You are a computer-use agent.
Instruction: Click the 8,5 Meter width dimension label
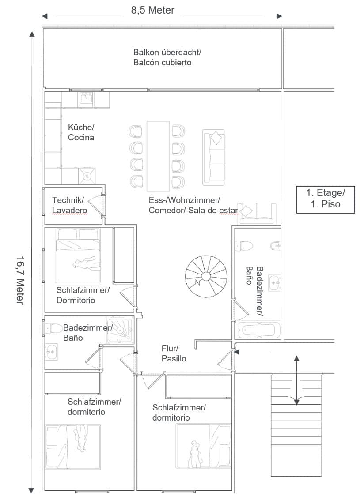tap(153, 10)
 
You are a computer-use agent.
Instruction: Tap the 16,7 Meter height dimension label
tap(20, 280)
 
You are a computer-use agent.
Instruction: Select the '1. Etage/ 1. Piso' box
tap(326, 199)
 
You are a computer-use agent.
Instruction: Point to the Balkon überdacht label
tap(167, 52)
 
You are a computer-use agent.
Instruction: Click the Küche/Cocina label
tap(81, 132)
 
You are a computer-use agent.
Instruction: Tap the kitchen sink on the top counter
tap(86, 98)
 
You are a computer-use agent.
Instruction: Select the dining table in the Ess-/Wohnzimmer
tap(158, 156)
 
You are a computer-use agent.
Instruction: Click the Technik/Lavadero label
tap(70, 205)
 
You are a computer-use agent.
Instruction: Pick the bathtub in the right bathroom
tap(259, 329)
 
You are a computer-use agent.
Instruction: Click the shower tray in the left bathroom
tap(120, 329)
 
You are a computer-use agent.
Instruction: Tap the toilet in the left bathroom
tap(54, 328)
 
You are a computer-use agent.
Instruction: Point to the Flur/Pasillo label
tap(174, 353)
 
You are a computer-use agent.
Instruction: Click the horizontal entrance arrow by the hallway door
tap(253, 352)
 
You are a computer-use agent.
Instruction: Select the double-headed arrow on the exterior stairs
tap(296, 380)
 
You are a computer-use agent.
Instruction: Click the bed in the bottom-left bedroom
tap(73, 447)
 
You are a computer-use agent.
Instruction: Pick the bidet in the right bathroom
tap(276, 246)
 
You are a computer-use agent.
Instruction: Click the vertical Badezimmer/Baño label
tap(255, 291)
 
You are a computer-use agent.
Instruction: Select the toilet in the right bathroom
tap(244, 246)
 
